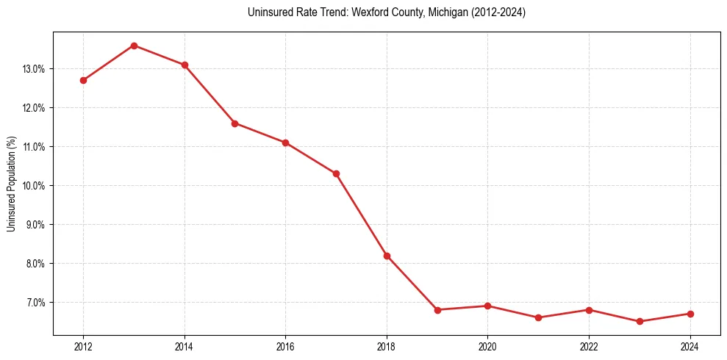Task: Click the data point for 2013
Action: [x=134, y=46]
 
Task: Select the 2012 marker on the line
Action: [x=83, y=80]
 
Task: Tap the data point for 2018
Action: [x=387, y=256]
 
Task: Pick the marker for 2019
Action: [x=437, y=310]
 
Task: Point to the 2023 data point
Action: [x=640, y=322]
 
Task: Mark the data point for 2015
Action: [x=234, y=123]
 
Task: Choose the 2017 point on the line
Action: [x=336, y=173]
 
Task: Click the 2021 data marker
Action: [x=538, y=317]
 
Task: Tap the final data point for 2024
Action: [x=690, y=314]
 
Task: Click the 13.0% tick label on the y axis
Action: [x=35, y=69]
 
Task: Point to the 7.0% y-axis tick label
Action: [x=36, y=303]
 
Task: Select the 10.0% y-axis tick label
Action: [x=35, y=186]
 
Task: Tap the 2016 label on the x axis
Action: [x=285, y=347]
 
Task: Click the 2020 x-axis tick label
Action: [x=487, y=347]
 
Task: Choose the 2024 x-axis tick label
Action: [x=690, y=347]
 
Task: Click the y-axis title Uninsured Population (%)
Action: [x=12, y=184]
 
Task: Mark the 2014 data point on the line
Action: [x=185, y=65]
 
